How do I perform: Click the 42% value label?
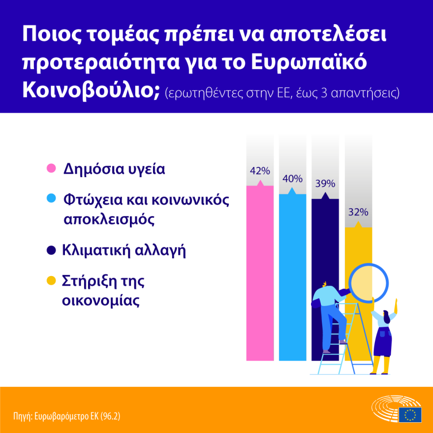pyautogui.click(x=260, y=171)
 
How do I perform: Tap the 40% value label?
pyautogui.click(x=292, y=179)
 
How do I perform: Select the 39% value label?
pyautogui.click(x=325, y=184)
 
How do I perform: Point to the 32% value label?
pyautogui.click(x=358, y=212)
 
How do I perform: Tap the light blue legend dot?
pyautogui.click(x=51, y=199)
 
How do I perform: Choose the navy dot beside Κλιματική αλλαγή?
pyautogui.click(x=51, y=250)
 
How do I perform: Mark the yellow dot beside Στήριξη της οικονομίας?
pyautogui.click(x=51, y=281)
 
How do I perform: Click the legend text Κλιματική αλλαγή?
pyautogui.click(x=124, y=250)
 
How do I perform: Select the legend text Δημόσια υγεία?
pyautogui.click(x=114, y=169)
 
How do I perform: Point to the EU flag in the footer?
pyautogui.click(x=410, y=414)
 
